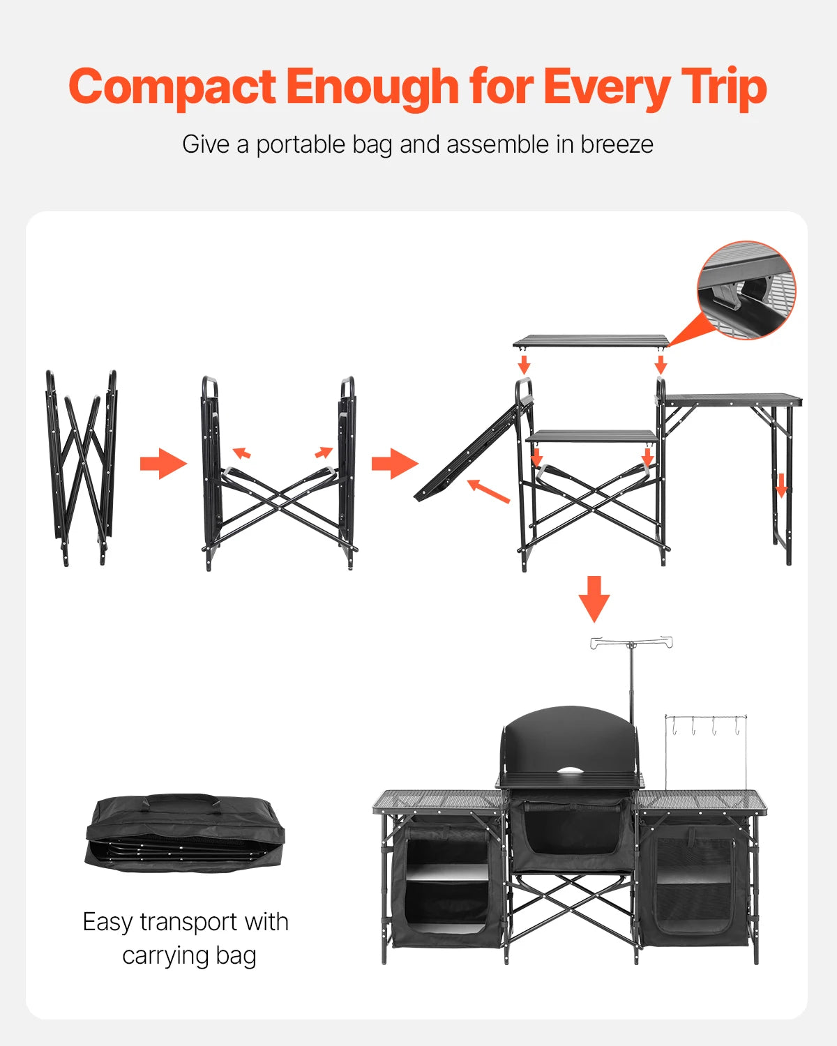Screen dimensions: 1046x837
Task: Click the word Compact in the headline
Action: tap(172, 88)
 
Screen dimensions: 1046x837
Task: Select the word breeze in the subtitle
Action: tap(617, 144)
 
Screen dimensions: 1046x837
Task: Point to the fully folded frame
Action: tap(81, 467)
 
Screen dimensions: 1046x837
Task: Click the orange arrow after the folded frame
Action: tap(163, 464)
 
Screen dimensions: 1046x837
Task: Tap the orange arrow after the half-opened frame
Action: tap(394, 464)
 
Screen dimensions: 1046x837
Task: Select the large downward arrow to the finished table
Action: tap(594, 598)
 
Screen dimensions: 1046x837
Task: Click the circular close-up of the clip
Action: tap(746, 290)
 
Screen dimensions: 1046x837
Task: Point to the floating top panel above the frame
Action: tap(591, 341)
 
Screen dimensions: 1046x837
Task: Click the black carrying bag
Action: tap(185, 833)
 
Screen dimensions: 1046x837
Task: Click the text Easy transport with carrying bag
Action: tap(186, 938)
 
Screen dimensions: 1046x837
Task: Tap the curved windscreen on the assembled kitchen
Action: tap(569, 739)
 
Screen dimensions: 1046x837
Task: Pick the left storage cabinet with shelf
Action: tap(446, 882)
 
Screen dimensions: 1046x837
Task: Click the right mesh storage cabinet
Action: tap(694, 882)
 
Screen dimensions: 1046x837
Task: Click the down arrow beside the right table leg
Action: tap(781, 485)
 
